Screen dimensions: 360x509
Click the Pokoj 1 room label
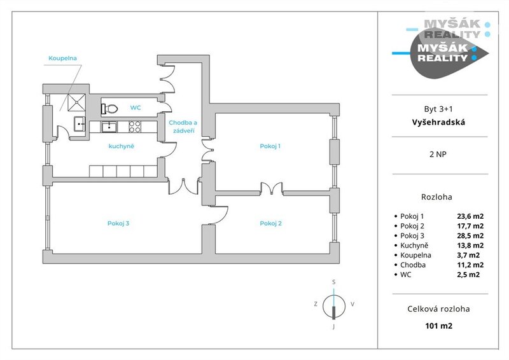[270, 146]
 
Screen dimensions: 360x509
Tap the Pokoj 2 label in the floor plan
[270, 223]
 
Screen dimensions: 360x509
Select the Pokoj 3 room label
[118, 223]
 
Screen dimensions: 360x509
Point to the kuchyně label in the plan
[121, 146]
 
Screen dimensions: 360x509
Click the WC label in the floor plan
[136, 107]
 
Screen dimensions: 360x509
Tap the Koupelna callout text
[62, 59]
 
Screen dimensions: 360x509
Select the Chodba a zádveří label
[183, 126]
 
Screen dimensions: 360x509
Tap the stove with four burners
[135, 127]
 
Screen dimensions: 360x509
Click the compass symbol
[333, 304]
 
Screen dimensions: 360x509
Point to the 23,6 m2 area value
[470, 216]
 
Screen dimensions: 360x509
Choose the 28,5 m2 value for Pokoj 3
[470, 235]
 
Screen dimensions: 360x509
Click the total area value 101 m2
[439, 326]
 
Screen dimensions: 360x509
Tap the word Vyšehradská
[439, 122]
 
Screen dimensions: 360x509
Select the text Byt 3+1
[439, 109]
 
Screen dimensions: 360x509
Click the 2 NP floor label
[439, 155]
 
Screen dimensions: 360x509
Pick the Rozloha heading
[439, 197]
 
